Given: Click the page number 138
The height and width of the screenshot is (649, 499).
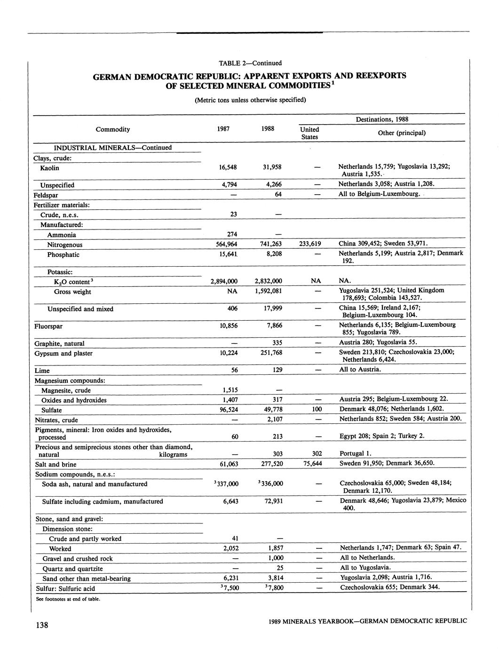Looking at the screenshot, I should (x=41, y=625).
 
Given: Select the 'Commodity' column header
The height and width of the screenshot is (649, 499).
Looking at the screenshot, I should (x=113, y=129).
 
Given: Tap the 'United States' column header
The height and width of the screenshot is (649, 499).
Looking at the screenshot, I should (x=309, y=133).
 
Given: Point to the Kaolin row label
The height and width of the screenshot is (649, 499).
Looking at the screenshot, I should (x=49, y=168).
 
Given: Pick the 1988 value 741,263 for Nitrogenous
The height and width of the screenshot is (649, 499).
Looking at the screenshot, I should (x=270, y=244).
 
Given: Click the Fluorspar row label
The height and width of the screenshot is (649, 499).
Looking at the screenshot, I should (x=48, y=326).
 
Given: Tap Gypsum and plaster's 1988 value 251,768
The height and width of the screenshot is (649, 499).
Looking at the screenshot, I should (x=270, y=353).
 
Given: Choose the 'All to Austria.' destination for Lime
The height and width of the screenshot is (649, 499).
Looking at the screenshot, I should (x=360, y=369).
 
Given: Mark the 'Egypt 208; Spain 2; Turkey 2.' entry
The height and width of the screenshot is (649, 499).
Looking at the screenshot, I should (x=382, y=435).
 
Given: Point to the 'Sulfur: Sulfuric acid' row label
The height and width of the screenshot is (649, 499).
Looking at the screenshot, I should (x=65, y=588).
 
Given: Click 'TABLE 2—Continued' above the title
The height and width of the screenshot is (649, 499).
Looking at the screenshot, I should (x=250, y=63).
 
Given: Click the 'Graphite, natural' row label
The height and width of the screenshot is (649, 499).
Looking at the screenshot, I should (x=60, y=343).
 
